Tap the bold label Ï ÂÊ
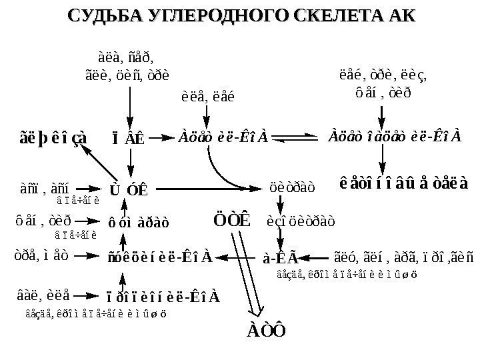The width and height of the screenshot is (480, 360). point(128,139)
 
